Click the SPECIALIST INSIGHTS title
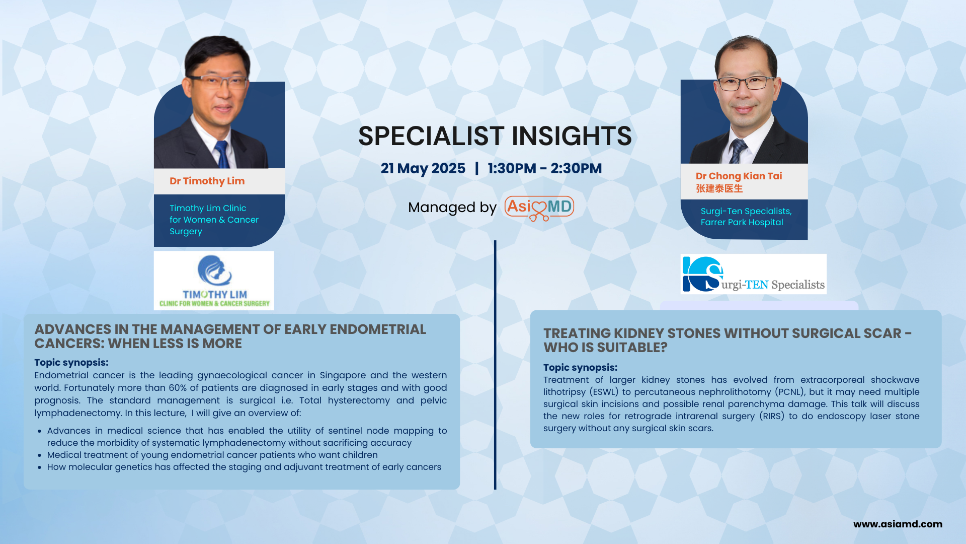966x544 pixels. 495,136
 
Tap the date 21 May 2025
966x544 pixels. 423,168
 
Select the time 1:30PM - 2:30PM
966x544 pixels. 544,168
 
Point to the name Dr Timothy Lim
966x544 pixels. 207,181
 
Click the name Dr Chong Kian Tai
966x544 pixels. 739,176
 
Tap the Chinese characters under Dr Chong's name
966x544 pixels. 719,188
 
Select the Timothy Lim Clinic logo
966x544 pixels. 214,281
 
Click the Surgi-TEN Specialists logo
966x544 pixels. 753,274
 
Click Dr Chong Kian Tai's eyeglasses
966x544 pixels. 746,83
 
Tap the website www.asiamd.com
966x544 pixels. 898,524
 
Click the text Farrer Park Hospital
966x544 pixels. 742,222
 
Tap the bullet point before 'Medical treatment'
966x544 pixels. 40,455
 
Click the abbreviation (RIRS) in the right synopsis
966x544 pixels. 772,416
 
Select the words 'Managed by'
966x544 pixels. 452,208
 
